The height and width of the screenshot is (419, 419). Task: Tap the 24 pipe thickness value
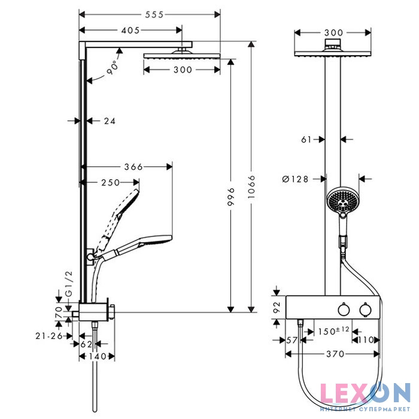pyautogui.click(x=109, y=121)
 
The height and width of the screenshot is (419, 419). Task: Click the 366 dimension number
pyautogui.click(x=133, y=167)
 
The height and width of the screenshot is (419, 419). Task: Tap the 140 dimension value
pyautogui.click(x=98, y=357)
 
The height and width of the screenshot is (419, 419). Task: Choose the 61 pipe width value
pyautogui.click(x=306, y=139)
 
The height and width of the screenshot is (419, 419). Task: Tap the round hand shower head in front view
pyautogui.click(x=341, y=201)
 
